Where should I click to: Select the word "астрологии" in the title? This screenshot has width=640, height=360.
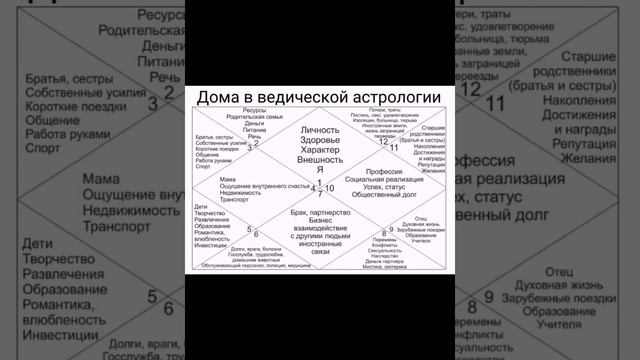click(x=396, y=97)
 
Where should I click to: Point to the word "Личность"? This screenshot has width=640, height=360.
click(x=320, y=130)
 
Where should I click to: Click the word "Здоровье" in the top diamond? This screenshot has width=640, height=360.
click(x=320, y=144)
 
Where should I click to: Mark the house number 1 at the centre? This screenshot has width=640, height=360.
click(x=320, y=181)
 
